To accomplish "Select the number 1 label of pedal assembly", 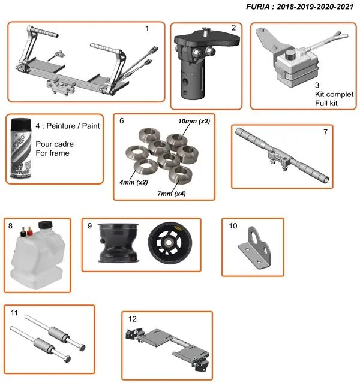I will pos(147,28).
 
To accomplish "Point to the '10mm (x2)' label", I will pos(194,121).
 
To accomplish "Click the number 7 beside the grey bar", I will pos(325,131).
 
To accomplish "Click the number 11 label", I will pos(14,312).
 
